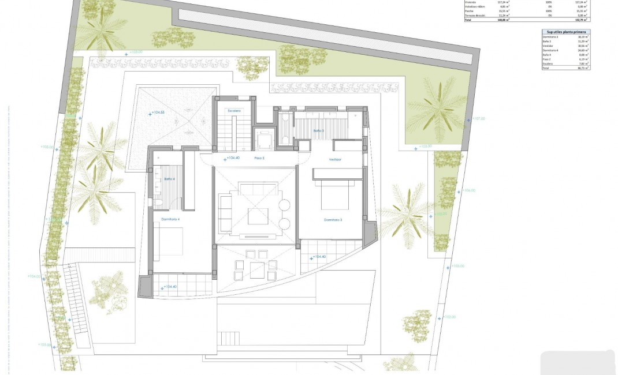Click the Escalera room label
point(233,111)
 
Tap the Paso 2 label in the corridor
point(259,157)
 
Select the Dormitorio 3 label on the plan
point(333,220)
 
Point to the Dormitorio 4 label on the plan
point(170,219)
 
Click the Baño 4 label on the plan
point(169,179)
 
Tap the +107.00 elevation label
point(478,119)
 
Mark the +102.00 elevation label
point(449,317)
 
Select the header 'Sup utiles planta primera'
point(563,33)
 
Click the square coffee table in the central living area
point(258,216)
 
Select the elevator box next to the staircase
point(265,139)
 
